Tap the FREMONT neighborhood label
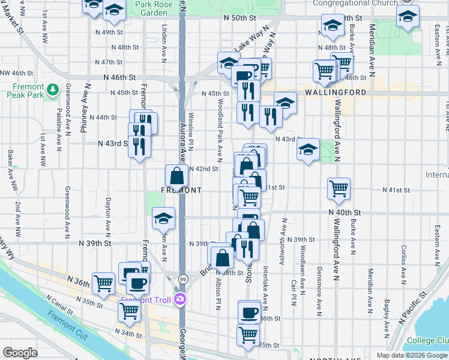[x=181, y=190]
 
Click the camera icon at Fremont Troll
[x=181, y=299]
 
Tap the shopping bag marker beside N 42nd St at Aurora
[x=177, y=177]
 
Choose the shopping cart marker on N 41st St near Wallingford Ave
[x=339, y=188]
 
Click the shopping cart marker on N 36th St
[x=104, y=282]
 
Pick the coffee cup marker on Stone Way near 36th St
[x=249, y=312]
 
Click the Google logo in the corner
[x=20, y=353]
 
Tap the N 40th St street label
[x=345, y=212]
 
